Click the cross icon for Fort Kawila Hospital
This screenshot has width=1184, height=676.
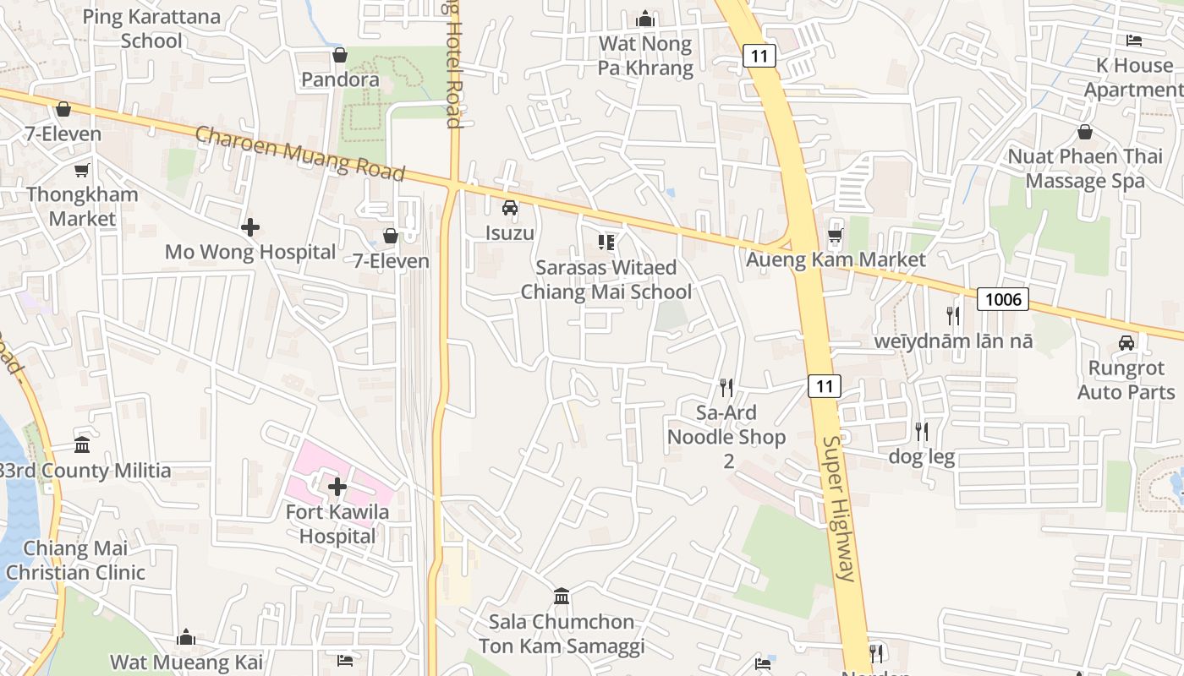point(337,487)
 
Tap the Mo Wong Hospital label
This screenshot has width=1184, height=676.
point(250,252)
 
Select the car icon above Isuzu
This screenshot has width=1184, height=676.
point(510,208)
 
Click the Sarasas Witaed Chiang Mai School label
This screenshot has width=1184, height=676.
point(606,280)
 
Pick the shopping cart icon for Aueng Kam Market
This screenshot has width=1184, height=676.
point(836,237)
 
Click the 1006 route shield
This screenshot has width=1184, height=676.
point(1003,298)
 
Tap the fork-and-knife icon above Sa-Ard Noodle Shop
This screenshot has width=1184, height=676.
point(726,388)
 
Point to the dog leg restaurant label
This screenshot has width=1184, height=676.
point(922,458)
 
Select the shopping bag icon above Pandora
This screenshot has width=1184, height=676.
point(340,56)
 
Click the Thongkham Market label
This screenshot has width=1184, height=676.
point(82,206)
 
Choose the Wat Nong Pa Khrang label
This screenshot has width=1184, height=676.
point(645,56)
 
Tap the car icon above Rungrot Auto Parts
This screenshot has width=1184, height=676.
point(1126,343)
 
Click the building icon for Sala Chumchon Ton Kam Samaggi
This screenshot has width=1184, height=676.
point(562,597)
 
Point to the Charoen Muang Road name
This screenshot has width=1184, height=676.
point(300,153)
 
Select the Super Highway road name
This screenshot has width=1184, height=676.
point(839,509)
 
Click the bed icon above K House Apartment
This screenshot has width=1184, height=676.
point(1134,41)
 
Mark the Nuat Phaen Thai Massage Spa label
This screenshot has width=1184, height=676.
point(1085,168)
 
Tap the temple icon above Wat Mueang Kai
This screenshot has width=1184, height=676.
point(186,638)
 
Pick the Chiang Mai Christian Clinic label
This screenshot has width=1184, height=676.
point(75,560)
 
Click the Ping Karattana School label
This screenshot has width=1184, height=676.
point(151,28)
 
